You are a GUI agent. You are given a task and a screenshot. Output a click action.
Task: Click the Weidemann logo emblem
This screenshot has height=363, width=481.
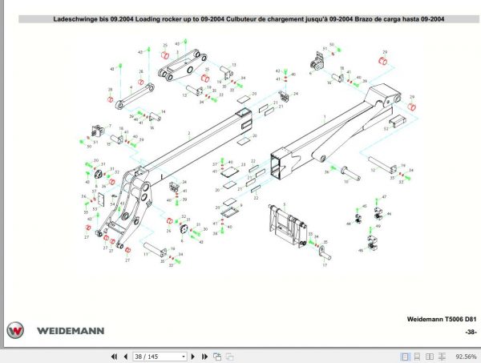pos(15,329)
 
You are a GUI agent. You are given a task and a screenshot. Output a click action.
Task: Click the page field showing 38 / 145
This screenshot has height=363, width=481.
pos(159,356)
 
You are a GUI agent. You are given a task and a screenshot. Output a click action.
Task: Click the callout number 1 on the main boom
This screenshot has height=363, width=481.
pos(324,117)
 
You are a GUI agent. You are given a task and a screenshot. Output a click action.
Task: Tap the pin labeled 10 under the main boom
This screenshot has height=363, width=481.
pos(352,171)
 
